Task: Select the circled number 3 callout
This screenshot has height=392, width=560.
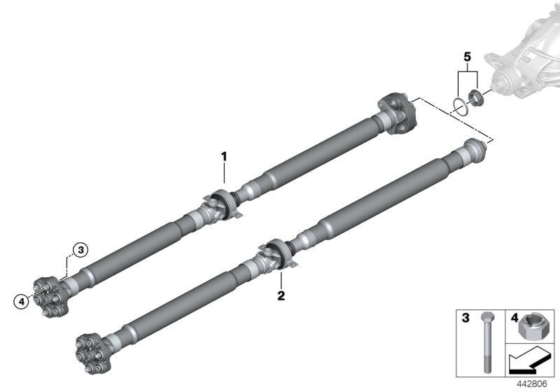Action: pyautogui.click(x=80, y=249)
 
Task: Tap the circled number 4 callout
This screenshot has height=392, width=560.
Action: pyautogui.click(x=22, y=302)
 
